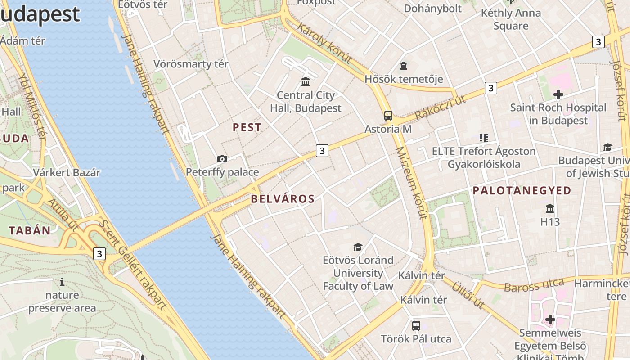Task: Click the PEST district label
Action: (247, 127)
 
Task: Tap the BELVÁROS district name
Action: (283, 198)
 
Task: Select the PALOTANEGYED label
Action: (522, 190)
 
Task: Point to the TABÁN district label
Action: (30, 230)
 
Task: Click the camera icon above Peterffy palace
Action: (222, 159)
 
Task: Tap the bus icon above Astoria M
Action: (388, 116)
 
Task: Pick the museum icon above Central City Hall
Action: (306, 81)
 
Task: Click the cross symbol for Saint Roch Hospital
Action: (558, 94)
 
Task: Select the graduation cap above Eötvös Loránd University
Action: (358, 247)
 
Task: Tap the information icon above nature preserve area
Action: (62, 282)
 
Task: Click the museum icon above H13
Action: (550, 209)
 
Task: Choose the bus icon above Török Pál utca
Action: (416, 325)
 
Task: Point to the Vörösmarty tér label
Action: (191, 64)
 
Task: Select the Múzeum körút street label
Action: (411, 183)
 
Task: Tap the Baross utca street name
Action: (534, 285)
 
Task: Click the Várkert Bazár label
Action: (67, 172)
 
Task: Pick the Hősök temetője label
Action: (404, 79)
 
